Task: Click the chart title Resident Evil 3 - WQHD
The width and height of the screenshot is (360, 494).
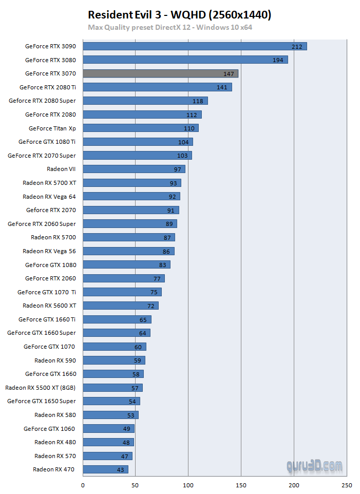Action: [x=179, y=15]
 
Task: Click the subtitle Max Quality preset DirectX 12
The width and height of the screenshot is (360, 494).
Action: [x=170, y=27]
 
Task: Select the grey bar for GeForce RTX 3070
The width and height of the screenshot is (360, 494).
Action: [x=160, y=73]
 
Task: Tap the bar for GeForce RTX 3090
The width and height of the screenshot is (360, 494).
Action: [x=195, y=46]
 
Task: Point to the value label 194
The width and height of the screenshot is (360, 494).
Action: [x=278, y=60]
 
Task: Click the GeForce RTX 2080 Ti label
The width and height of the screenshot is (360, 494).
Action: [x=47, y=87]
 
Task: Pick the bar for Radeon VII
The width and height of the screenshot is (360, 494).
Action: [x=134, y=169]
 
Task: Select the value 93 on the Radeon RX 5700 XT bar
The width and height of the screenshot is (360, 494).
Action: [x=173, y=183]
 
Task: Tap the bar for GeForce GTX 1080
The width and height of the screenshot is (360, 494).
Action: [x=126, y=264]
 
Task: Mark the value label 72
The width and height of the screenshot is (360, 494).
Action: [x=151, y=306]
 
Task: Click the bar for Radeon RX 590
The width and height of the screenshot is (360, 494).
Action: [x=113, y=360]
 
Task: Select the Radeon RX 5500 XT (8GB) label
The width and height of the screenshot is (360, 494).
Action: [x=40, y=388]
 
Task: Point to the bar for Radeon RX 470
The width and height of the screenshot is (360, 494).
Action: [x=105, y=469]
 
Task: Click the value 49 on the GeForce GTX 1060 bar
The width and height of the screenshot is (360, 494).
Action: [x=127, y=429]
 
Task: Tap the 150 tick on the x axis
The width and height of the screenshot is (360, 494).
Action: [x=241, y=485]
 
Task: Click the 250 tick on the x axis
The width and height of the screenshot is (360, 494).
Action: [x=347, y=485]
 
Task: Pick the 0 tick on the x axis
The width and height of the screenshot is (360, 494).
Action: [x=83, y=485]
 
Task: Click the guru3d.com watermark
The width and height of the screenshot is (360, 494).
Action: [x=314, y=466]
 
